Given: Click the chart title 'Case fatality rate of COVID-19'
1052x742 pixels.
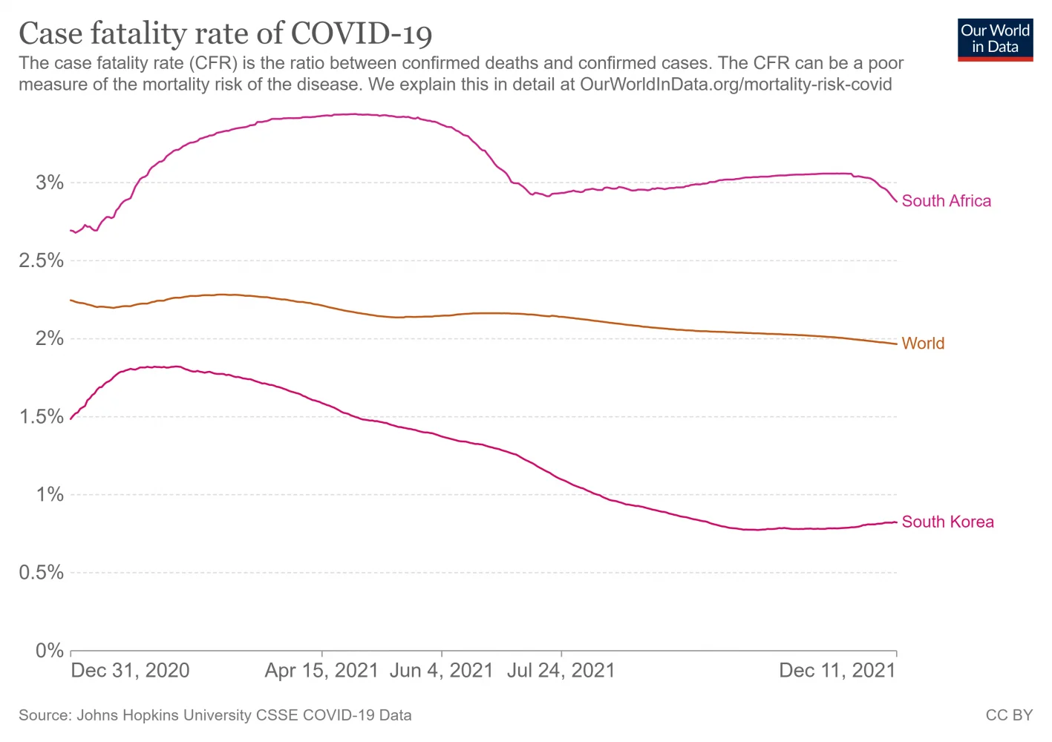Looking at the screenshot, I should [225, 34].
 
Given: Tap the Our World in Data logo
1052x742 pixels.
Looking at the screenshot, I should [995, 39].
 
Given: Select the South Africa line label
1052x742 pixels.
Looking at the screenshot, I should [946, 201].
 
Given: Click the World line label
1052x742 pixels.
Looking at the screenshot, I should [923, 344].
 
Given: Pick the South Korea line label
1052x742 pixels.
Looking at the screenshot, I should [947, 522].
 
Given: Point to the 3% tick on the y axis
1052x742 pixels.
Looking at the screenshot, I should [49, 183].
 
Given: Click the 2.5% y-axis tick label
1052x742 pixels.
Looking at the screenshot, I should [40, 261].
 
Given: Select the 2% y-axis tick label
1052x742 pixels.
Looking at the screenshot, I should [49, 339].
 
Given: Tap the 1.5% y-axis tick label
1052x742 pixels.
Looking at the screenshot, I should [40, 417].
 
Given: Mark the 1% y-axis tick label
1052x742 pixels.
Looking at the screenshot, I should [49, 495].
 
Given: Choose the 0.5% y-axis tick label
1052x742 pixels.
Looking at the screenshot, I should [40, 573].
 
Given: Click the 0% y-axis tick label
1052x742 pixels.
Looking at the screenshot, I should [49, 651].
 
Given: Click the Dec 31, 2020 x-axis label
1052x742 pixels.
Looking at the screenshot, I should [130, 671].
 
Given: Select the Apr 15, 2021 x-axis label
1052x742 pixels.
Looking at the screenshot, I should [321, 671].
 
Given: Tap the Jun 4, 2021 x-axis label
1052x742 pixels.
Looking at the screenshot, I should [441, 671].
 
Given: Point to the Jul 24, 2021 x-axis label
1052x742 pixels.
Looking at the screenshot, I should [561, 671].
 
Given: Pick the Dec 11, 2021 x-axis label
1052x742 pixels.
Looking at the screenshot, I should [837, 671].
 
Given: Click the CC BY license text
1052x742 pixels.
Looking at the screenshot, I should [1009, 715].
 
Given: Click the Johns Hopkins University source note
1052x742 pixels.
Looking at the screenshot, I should [215, 715].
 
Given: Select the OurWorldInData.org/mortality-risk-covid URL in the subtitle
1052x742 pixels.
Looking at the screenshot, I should [736, 85].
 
